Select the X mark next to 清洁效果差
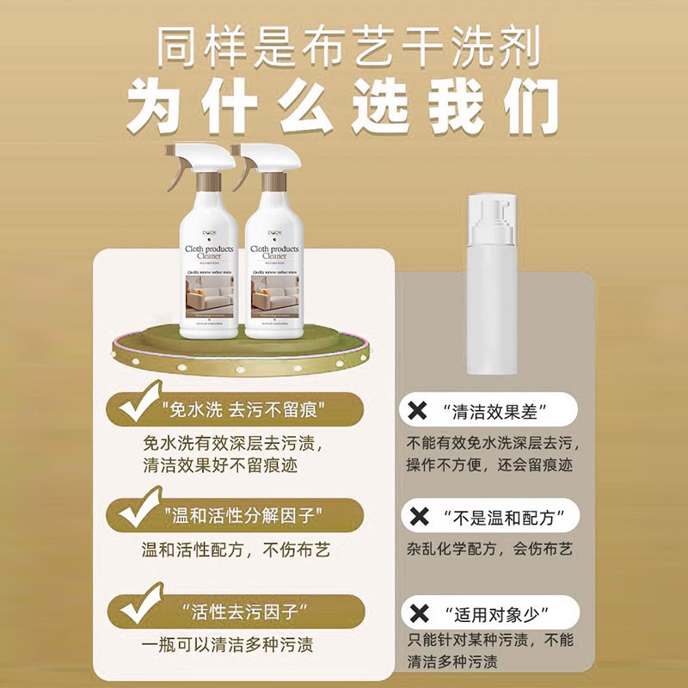pyautogui.click(x=421, y=409)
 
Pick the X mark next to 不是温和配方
pyautogui.click(x=421, y=517)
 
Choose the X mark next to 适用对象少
pyautogui.click(x=421, y=613)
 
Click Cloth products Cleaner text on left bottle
pyautogui.click(x=211, y=250)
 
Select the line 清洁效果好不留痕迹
pyautogui.click(x=225, y=467)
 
